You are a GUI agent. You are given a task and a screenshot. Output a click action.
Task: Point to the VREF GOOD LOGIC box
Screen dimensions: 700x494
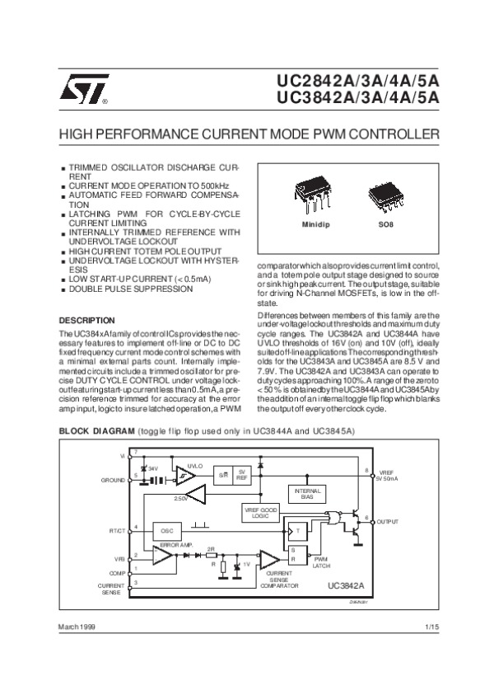coord(261,513)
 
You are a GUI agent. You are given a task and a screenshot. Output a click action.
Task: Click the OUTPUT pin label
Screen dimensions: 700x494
coord(388,523)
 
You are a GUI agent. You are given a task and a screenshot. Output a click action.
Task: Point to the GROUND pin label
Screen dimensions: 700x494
coord(113,480)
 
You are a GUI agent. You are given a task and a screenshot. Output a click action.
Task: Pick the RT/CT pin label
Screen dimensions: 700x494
coord(116,529)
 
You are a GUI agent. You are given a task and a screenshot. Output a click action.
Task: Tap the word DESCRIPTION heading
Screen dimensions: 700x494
coord(86,320)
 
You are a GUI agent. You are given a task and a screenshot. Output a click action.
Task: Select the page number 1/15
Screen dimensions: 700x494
coord(432,628)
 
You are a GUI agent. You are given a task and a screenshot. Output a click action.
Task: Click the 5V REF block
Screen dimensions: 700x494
coord(241,476)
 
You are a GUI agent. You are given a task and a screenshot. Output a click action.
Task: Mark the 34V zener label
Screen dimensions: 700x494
coord(153,467)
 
